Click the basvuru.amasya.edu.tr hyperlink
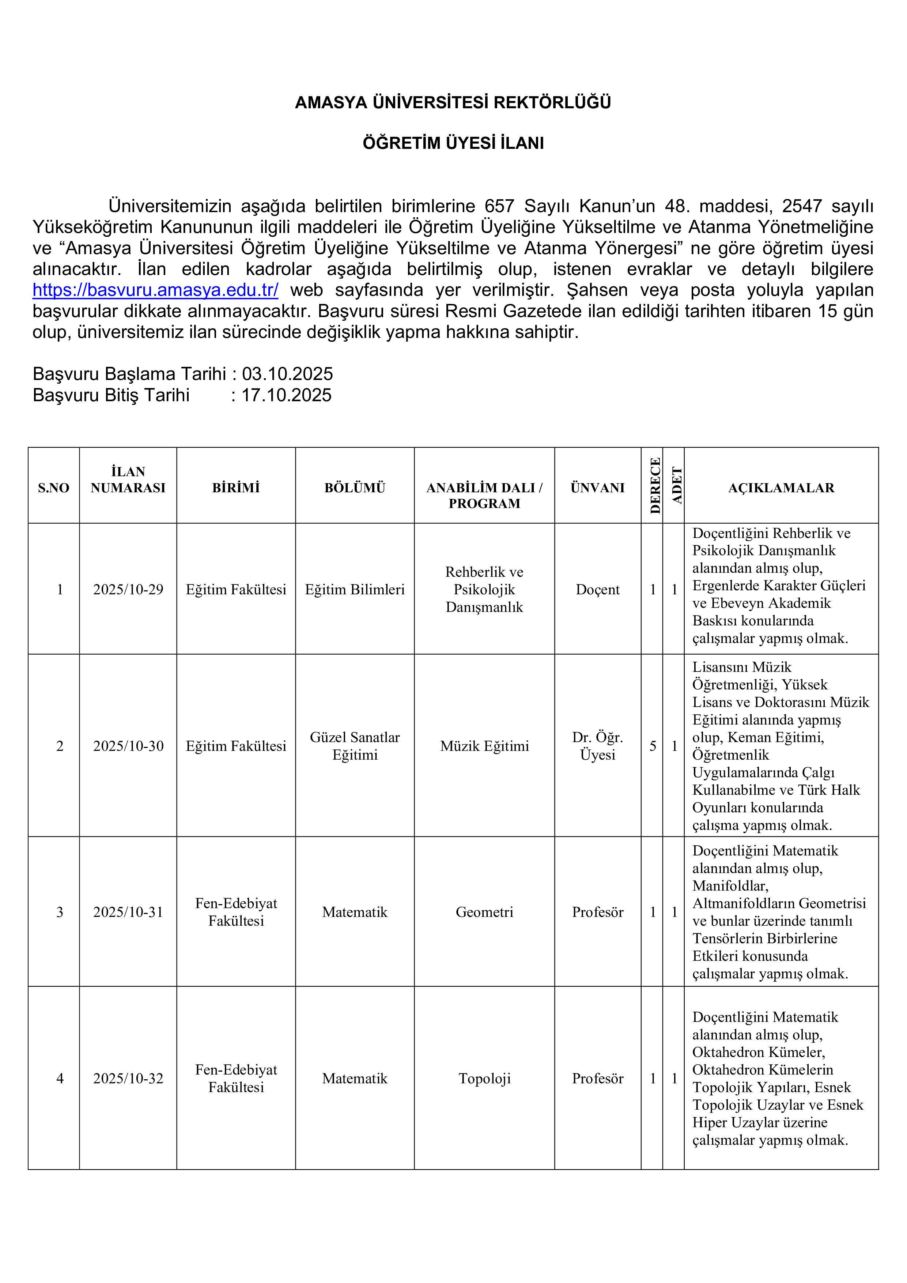click(x=155, y=290)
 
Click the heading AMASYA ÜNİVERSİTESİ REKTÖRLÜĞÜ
click(x=453, y=102)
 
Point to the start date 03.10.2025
click(x=287, y=374)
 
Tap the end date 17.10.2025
click(x=286, y=395)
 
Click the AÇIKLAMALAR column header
click(x=781, y=488)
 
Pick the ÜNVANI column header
click(x=597, y=488)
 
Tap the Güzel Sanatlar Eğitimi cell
click(x=355, y=746)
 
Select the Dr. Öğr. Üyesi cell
click(x=597, y=746)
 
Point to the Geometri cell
click(x=484, y=912)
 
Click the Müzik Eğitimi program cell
click(x=484, y=746)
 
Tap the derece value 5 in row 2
click(x=652, y=746)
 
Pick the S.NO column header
click(x=54, y=488)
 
